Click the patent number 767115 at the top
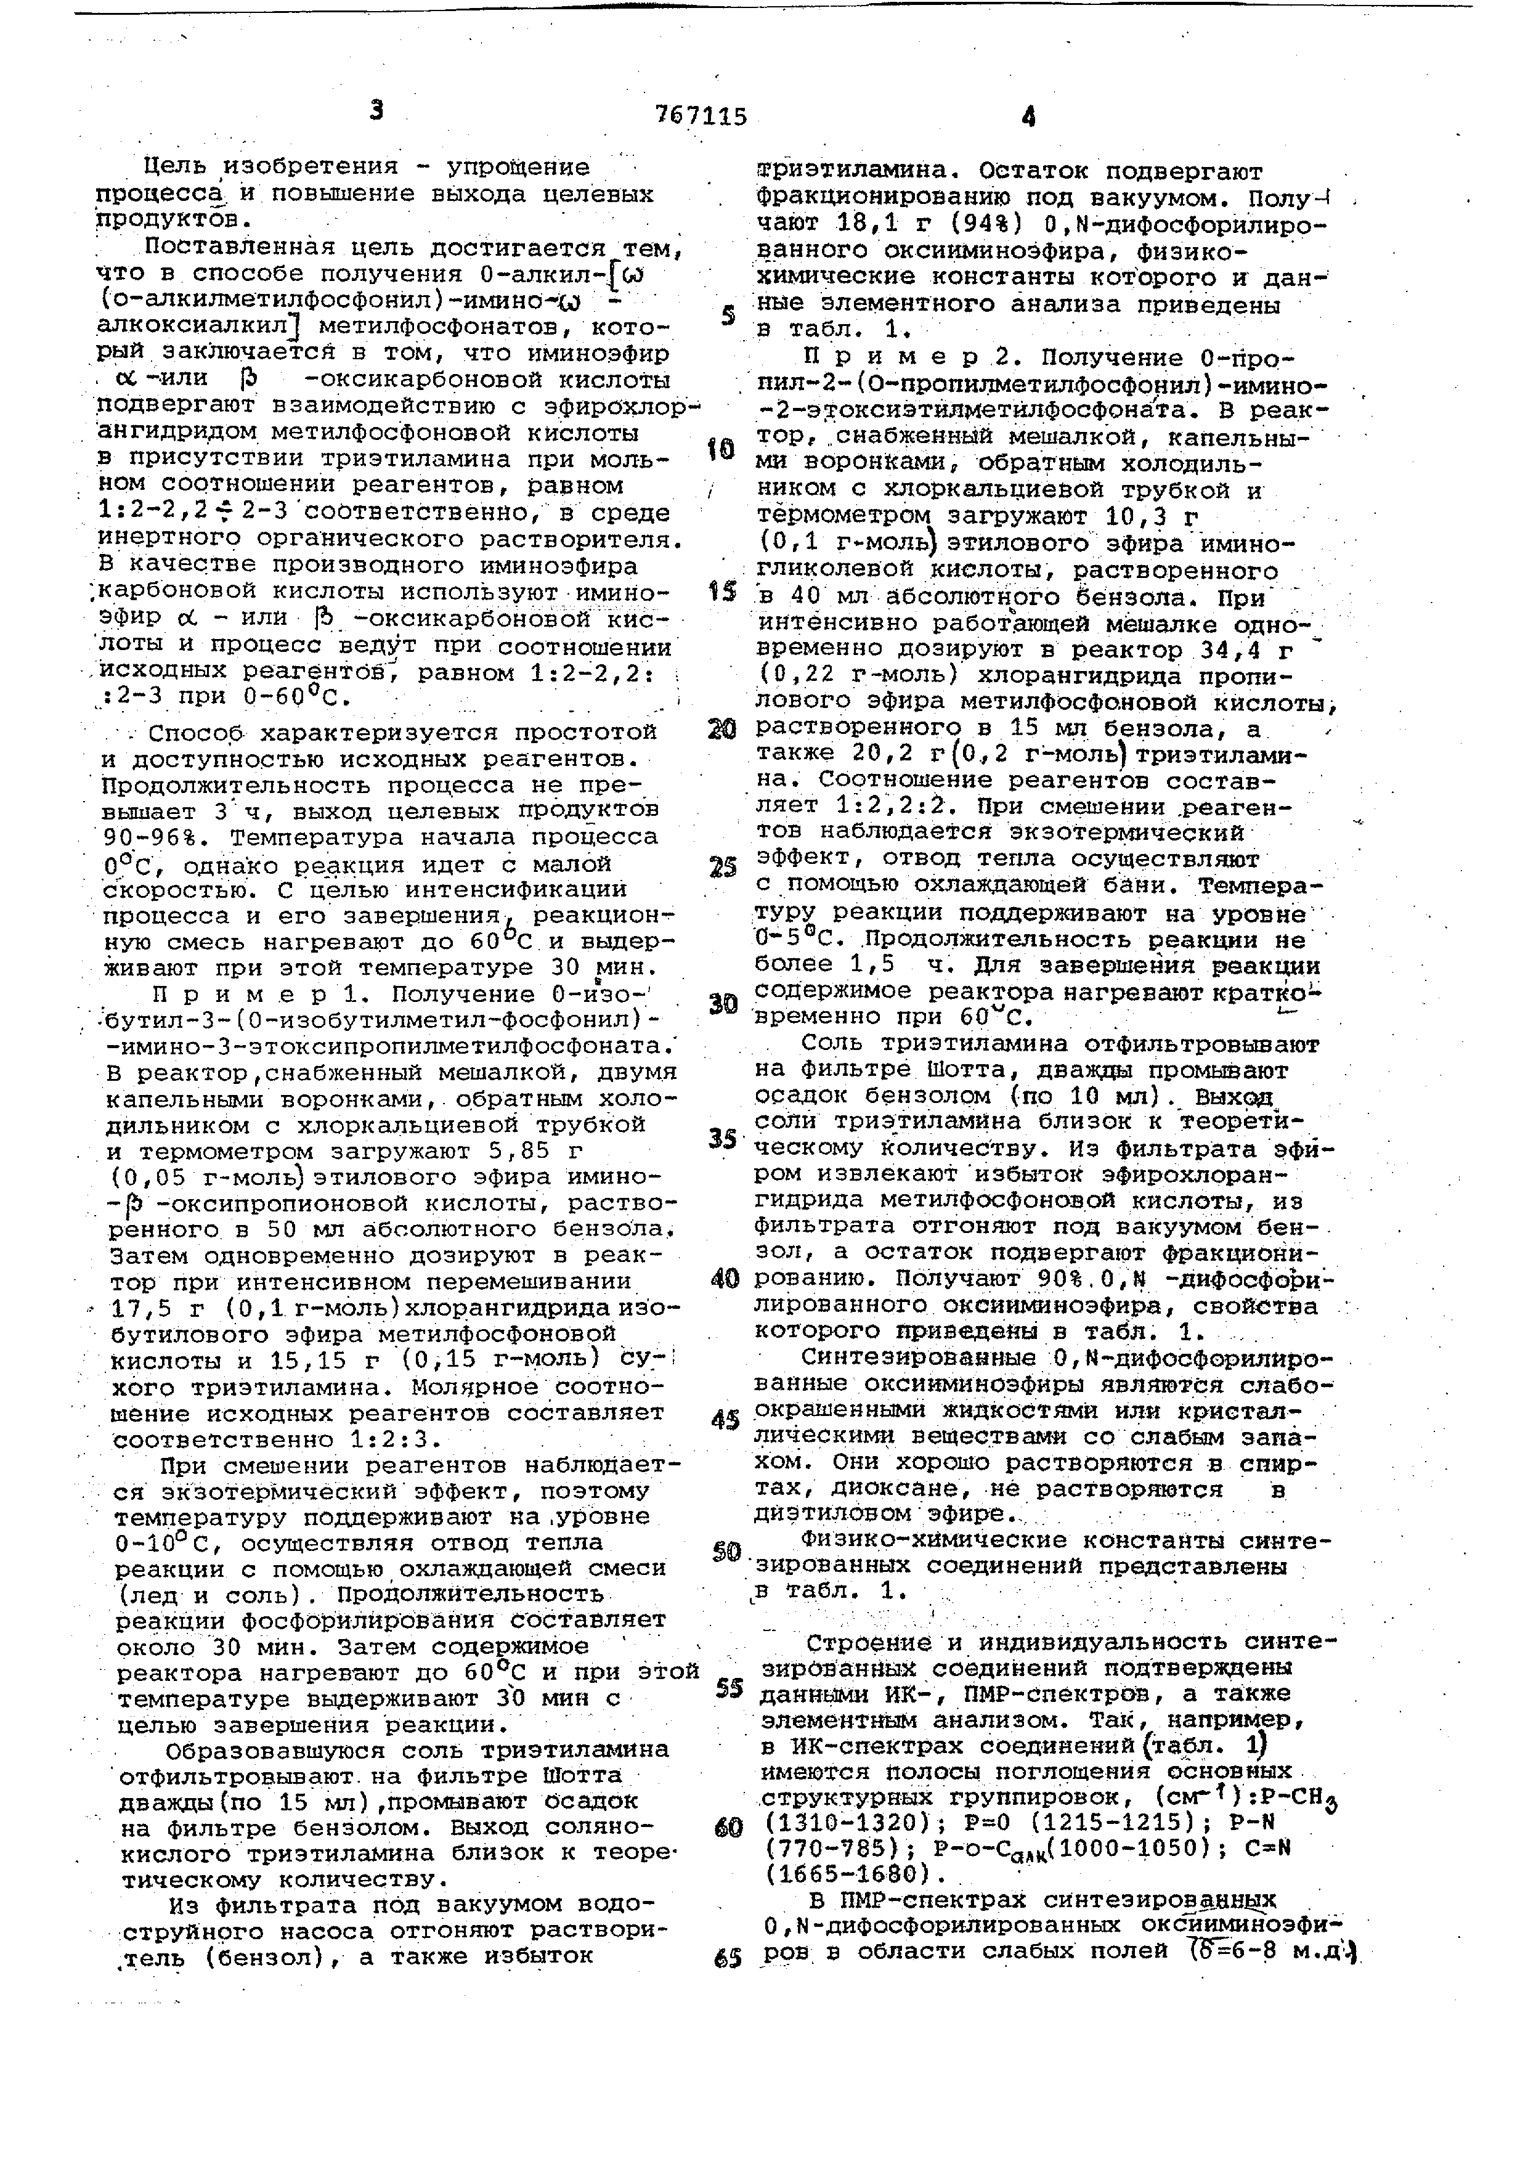(x=701, y=116)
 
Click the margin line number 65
(x=726, y=1959)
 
